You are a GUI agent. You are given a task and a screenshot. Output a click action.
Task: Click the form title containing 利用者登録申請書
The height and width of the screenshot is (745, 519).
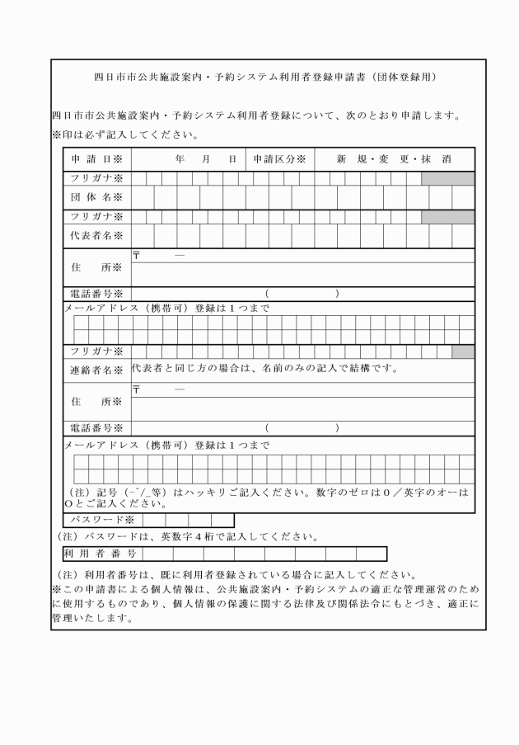coord(259,78)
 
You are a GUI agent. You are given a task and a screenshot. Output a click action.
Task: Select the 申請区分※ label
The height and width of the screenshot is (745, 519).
coord(279,158)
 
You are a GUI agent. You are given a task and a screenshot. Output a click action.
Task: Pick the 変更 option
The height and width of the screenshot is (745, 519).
coord(395,158)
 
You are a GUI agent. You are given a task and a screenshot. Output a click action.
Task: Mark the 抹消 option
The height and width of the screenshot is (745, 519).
coord(437,158)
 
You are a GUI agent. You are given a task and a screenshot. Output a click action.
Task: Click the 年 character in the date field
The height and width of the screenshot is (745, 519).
coord(179,158)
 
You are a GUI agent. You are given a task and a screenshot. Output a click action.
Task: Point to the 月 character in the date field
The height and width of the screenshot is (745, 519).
coord(206,158)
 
